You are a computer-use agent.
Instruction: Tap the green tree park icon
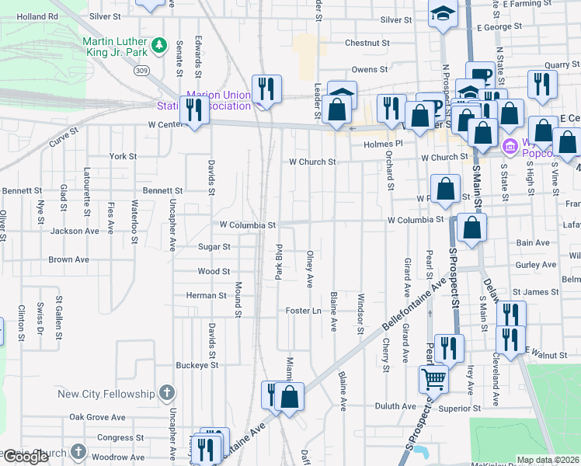159,45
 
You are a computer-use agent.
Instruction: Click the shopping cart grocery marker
433,380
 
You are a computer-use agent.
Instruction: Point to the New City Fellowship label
106,393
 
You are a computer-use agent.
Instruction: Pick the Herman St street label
206,296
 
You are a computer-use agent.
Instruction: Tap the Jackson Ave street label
75,231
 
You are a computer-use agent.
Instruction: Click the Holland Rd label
37,16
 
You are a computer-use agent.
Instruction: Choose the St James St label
536,292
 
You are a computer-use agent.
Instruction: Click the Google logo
26,457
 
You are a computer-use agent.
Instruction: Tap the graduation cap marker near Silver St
444,15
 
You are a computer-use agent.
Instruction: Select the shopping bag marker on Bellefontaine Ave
290,397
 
